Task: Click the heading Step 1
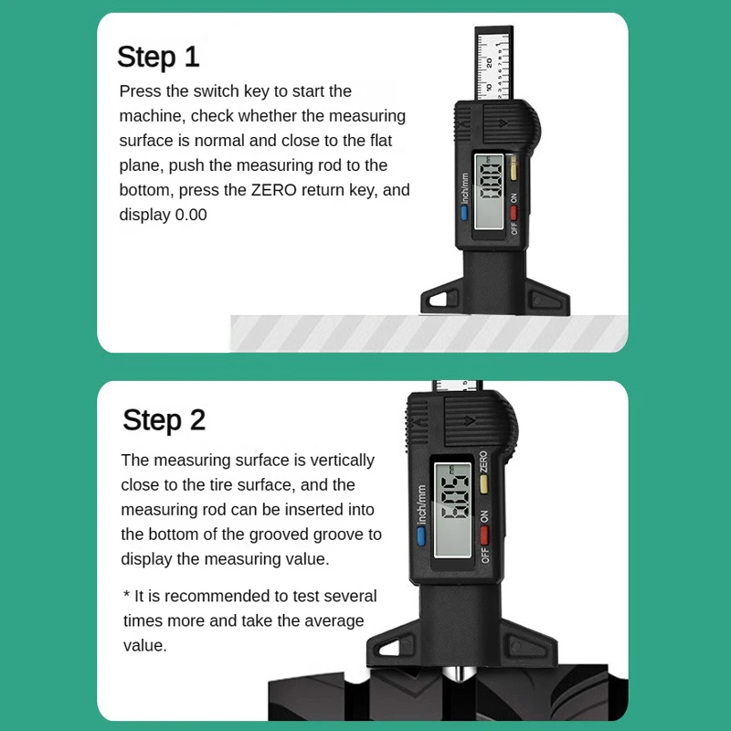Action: (x=158, y=58)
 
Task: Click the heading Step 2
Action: (x=164, y=420)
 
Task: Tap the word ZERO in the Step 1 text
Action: (x=273, y=190)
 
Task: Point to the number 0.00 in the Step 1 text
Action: (x=191, y=215)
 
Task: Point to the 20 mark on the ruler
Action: (x=489, y=62)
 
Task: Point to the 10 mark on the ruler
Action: (x=489, y=87)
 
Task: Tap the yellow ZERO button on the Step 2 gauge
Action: (x=484, y=483)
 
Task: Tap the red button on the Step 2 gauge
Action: (x=484, y=535)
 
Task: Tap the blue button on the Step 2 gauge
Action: (x=421, y=536)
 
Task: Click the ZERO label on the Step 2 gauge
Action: (x=483, y=461)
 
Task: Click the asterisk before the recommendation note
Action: (x=126, y=595)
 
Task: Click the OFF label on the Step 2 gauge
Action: (x=485, y=556)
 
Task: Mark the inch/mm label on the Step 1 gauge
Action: (x=465, y=189)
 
